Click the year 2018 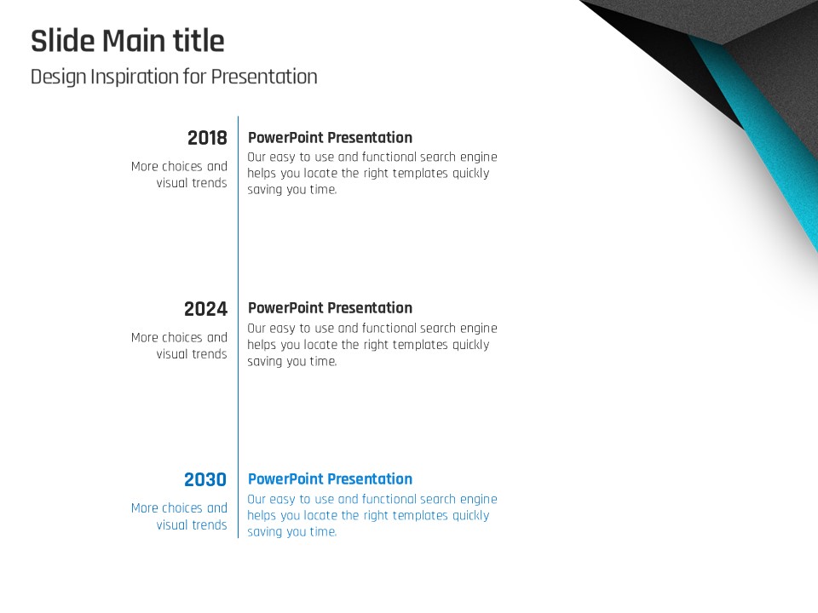[207, 138]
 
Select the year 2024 [205, 309]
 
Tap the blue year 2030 [205, 479]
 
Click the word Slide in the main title [63, 41]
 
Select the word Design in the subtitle [59, 77]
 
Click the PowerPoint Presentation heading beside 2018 [330, 138]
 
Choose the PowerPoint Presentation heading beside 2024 [330, 308]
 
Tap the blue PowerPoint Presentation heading [330, 479]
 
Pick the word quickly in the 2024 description [470, 345]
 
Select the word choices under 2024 [181, 337]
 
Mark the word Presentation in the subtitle [264, 77]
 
